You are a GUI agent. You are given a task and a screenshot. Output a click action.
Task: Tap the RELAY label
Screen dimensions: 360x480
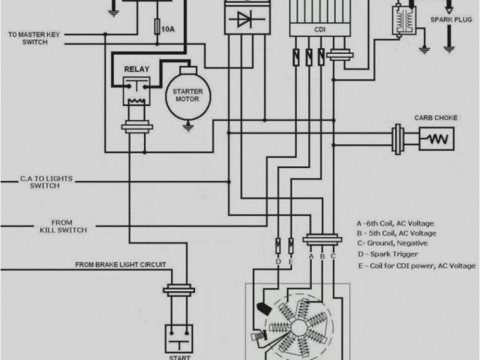click(x=136, y=69)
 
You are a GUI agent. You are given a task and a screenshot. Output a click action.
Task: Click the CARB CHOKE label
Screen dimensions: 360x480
click(x=432, y=118)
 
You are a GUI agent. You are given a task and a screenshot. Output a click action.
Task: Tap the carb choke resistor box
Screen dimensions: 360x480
click(x=437, y=138)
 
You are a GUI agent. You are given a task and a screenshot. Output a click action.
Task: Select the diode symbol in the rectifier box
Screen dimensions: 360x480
click(x=244, y=20)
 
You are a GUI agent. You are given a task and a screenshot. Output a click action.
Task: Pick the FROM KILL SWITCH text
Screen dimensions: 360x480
click(x=61, y=226)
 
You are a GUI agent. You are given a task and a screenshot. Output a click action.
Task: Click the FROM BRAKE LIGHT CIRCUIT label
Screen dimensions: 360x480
click(x=120, y=265)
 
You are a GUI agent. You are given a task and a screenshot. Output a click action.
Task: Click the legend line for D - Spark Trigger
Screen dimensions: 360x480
click(x=390, y=255)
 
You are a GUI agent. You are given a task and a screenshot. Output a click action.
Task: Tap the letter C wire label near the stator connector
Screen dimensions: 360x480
click(x=333, y=255)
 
